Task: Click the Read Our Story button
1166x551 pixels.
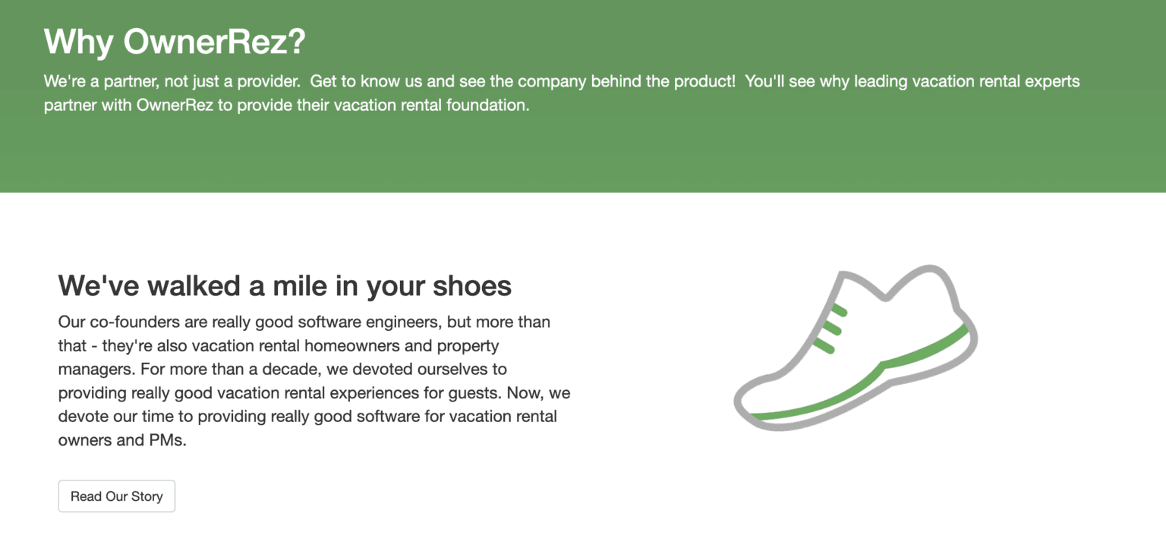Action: pyautogui.click(x=116, y=496)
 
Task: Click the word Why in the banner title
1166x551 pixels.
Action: pyautogui.click(x=78, y=42)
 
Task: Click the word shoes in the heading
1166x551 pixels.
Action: pyautogui.click(x=471, y=285)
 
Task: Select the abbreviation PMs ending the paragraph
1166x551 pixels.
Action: pyautogui.click(x=162, y=440)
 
